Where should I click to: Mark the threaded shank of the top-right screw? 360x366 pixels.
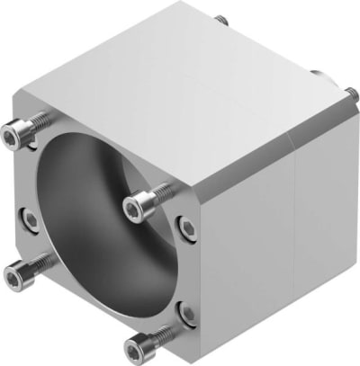158,191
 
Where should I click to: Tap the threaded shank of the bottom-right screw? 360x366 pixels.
159,334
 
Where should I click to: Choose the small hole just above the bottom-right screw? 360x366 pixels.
185,312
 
